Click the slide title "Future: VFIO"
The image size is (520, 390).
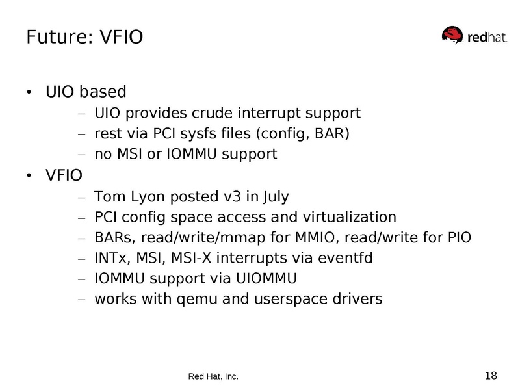[84, 37]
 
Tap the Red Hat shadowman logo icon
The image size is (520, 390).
[453, 36]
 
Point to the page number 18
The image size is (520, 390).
[491, 375]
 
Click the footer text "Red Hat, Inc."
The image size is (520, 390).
[213, 376]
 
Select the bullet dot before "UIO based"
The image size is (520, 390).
[28, 92]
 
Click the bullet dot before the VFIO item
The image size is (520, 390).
[28, 175]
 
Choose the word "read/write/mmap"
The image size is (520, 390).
[187, 237]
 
